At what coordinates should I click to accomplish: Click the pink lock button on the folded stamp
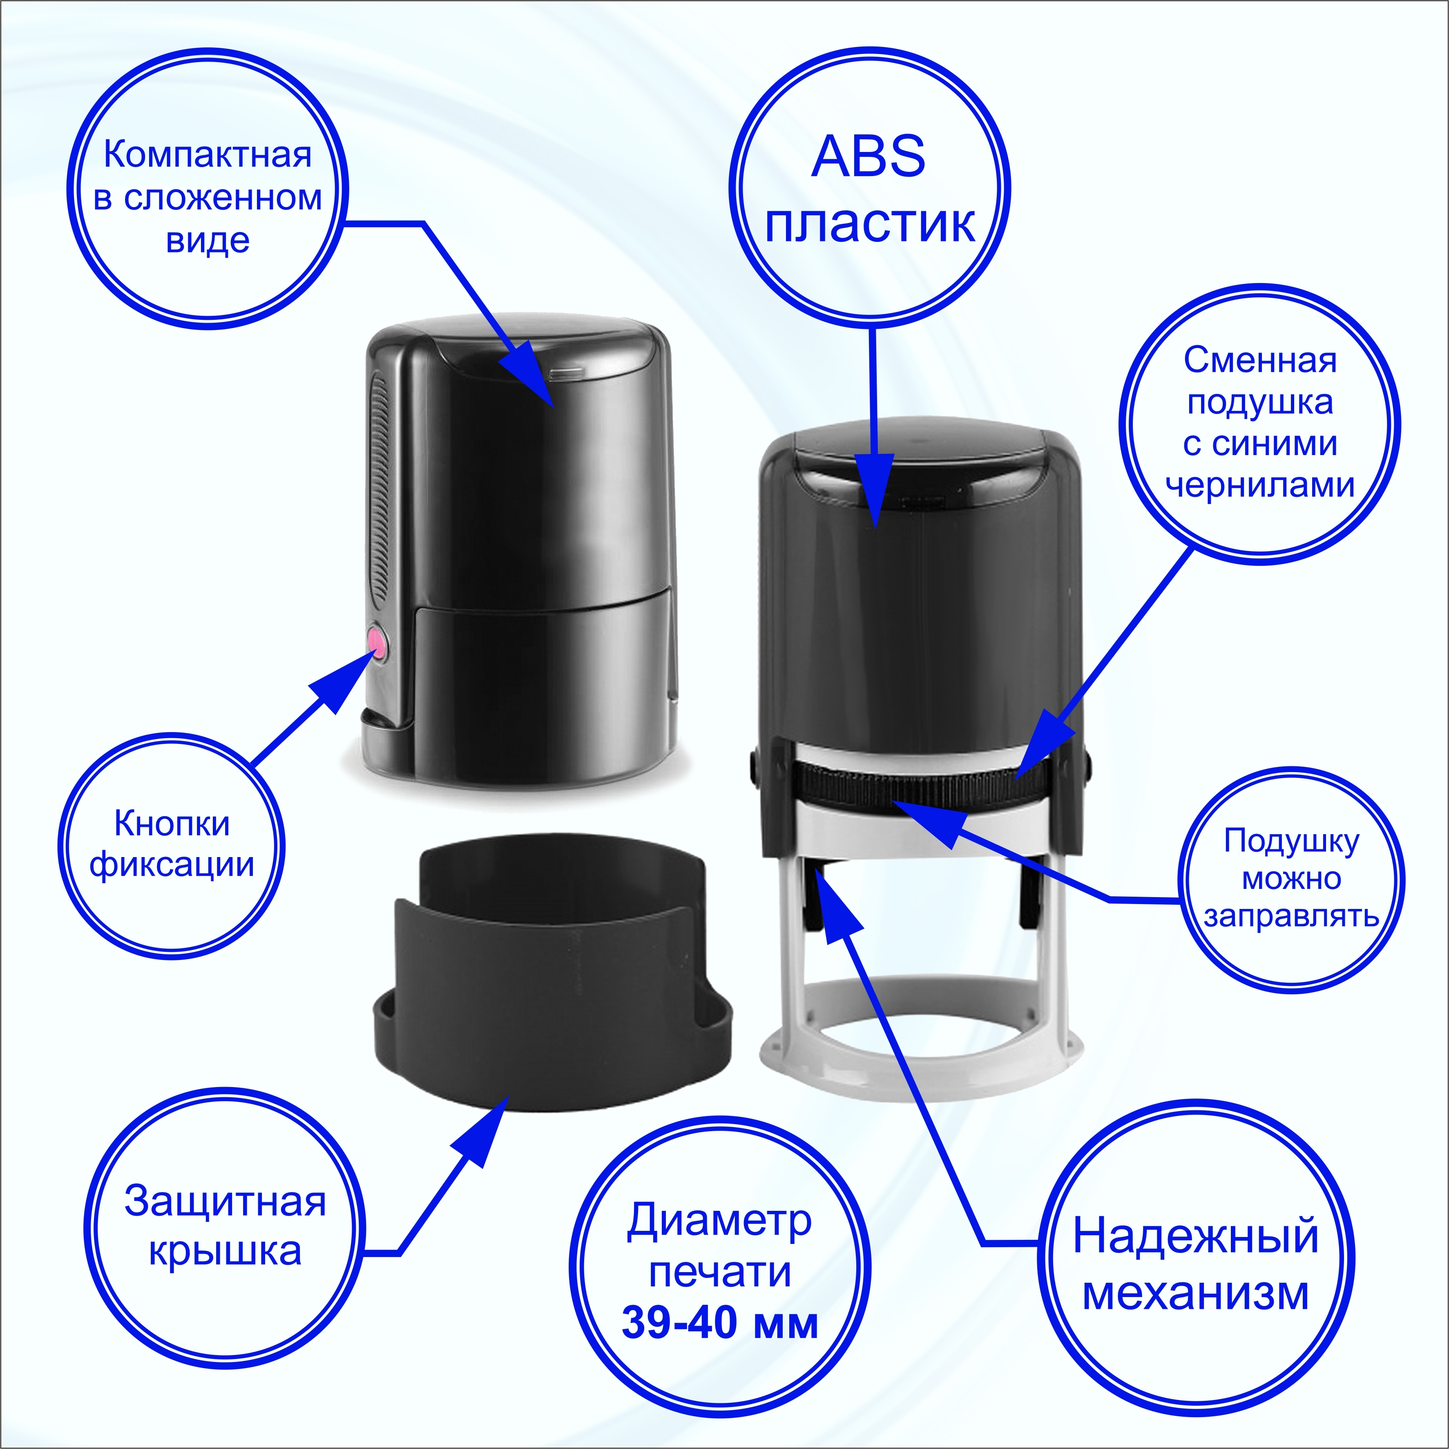(377, 643)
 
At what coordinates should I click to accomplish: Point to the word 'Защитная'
(225, 1201)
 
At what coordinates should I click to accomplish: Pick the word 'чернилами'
(1260, 485)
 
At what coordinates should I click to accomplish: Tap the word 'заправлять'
(1291, 916)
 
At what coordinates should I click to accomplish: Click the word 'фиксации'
(172, 865)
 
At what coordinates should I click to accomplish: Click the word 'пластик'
(869, 223)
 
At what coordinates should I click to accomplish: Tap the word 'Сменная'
(1260, 361)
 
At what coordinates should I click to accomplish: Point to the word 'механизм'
(1195, 1294)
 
